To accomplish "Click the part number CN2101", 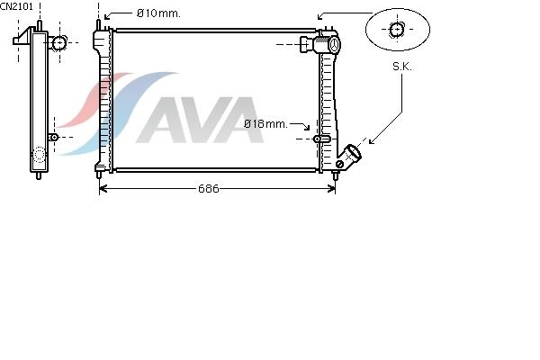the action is click(x=16, y=6).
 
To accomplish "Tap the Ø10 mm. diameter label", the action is click(x=158, y=13).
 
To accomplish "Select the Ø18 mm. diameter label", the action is click(x=265, y=123).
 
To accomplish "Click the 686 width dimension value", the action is click(x=209, y=188).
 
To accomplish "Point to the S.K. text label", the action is click(x=402, y=67).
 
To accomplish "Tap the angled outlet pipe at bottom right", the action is click(x=349, y=157).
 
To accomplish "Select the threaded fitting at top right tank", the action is click(x=319, y=44).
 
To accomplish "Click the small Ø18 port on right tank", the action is click(x=321, y=139).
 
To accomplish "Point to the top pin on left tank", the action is click(x=98, y=25).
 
